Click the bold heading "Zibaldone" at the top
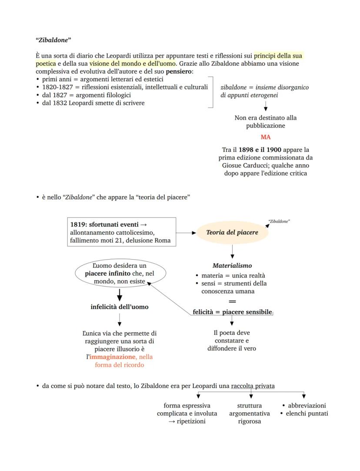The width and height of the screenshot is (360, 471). (53, 40)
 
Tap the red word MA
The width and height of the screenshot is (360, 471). (266, 137)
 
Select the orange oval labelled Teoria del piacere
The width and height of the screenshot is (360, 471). (232, 232)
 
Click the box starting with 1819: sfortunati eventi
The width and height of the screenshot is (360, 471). (122, 232)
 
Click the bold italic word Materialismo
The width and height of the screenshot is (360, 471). (232, 265)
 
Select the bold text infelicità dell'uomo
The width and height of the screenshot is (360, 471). (119, 307)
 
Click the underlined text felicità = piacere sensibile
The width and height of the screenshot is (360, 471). (232, 312)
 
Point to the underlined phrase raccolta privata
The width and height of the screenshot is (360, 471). (253, 386)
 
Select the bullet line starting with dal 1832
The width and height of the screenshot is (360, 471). (93, 103)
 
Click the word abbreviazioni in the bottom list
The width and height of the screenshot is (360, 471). (307, 405)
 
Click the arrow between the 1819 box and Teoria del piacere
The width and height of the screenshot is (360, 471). (187, 233)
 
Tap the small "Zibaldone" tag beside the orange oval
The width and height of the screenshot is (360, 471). (280, 221)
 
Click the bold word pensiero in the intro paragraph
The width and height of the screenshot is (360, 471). (179, 71)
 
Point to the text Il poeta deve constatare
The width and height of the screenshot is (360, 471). (232, 333)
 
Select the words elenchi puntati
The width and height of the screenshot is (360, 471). (307, 413)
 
